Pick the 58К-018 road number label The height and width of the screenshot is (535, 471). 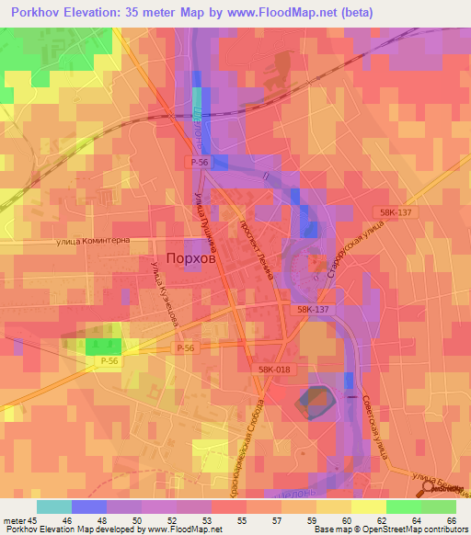point(274,368)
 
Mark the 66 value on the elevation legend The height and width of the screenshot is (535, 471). point(451,522)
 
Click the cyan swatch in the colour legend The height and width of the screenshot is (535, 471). point(54,507)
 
